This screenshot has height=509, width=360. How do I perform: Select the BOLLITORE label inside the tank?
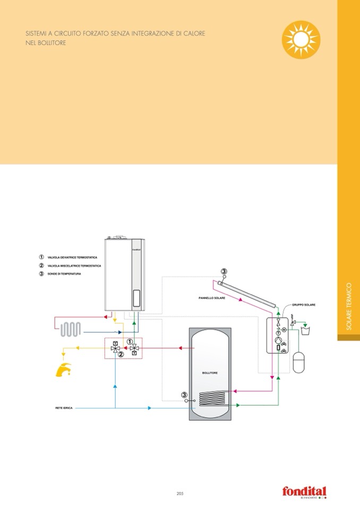point(210,373)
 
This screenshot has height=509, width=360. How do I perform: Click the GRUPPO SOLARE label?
point(304,305)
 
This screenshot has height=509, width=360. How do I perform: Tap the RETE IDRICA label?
point(64,408)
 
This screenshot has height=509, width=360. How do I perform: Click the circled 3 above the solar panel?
point(224,272)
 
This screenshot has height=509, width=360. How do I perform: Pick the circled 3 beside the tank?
point(184,394)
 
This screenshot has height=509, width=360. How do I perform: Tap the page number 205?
point(179,493)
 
